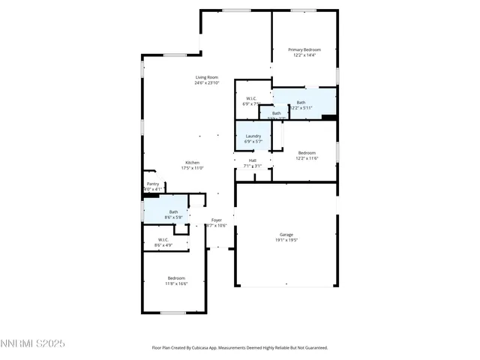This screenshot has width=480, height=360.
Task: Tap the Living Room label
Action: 207,77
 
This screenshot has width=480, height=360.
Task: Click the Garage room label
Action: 286,235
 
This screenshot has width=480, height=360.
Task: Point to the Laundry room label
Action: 253,136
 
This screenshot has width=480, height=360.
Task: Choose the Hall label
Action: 253,160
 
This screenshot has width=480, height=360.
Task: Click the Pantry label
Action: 153,184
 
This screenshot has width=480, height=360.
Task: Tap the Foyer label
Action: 216,220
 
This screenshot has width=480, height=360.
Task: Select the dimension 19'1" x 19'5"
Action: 286,241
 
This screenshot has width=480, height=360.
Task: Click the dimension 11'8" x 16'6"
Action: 176,283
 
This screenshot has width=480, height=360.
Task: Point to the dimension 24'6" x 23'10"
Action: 207,83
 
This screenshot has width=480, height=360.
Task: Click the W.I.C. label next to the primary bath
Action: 252,98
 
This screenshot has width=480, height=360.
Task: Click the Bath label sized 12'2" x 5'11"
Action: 301,102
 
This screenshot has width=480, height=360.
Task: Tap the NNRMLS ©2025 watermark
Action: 33,343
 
